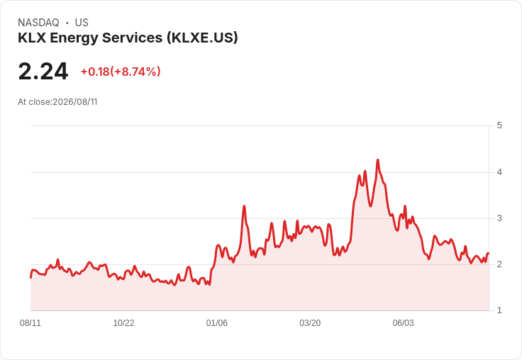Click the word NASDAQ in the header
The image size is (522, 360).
38,23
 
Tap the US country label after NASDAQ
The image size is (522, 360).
82,23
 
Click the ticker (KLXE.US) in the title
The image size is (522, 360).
202,38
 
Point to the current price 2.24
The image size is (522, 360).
43,72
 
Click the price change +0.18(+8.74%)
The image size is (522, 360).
121,72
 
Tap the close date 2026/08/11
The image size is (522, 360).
75,102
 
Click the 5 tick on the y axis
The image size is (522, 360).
499,125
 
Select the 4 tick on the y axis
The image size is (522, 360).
499,172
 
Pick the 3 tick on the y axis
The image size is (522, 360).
499,218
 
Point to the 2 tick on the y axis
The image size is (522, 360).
499,264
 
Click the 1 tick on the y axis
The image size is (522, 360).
499,310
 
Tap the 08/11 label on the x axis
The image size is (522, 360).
30,322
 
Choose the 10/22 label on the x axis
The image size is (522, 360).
123,322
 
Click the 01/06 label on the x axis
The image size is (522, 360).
217,322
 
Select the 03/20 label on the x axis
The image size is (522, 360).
310,322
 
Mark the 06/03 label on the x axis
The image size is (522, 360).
403,322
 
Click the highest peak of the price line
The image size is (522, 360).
377,160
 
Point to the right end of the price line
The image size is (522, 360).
488,254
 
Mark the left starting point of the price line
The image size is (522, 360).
30,278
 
